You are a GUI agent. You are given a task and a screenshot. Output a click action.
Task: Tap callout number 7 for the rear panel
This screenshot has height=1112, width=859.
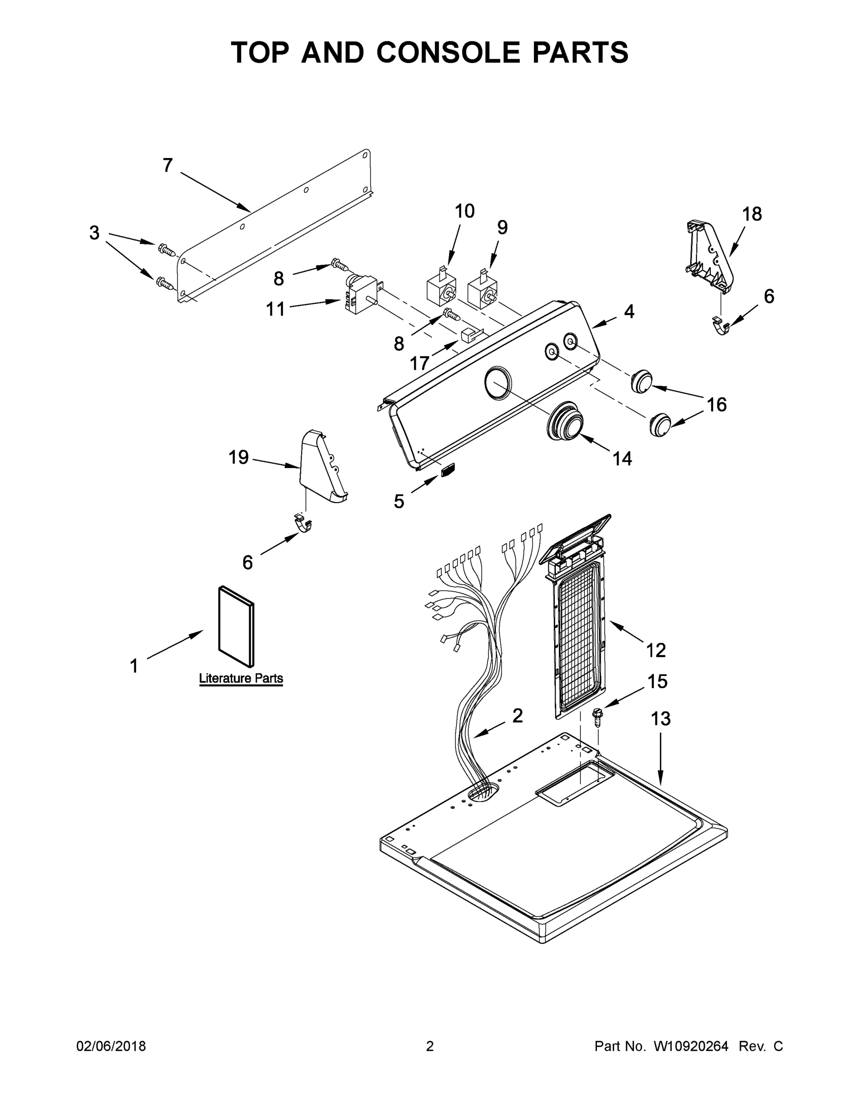168,165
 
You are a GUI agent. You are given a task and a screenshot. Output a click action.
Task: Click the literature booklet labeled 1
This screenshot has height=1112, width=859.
236,626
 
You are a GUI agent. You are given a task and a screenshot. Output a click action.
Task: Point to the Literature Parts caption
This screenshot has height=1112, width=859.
241,678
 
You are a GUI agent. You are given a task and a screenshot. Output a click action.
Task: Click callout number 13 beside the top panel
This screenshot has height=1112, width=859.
660,719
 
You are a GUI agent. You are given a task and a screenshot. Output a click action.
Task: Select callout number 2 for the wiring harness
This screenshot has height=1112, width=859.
517,716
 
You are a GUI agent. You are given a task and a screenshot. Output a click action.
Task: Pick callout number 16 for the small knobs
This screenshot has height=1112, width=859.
716,405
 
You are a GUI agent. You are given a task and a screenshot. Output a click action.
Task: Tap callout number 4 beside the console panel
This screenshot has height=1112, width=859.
629,312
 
